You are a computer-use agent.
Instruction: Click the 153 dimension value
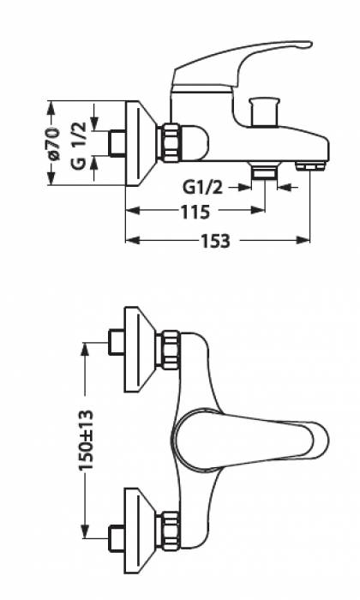click(x=216, y=241)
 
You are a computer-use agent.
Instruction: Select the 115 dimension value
click(x=195, y=212)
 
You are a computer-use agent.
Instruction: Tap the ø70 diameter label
click(x=54, y=143)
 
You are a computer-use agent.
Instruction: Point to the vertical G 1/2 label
click(x=78, y=145)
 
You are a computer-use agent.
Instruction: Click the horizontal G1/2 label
click(x=203, y=188)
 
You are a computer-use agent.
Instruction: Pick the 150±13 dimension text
click(x=86, y=440)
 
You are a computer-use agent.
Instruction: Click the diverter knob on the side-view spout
click(x=264, y=111)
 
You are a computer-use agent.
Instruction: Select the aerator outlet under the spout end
click(x=310, y=166)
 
